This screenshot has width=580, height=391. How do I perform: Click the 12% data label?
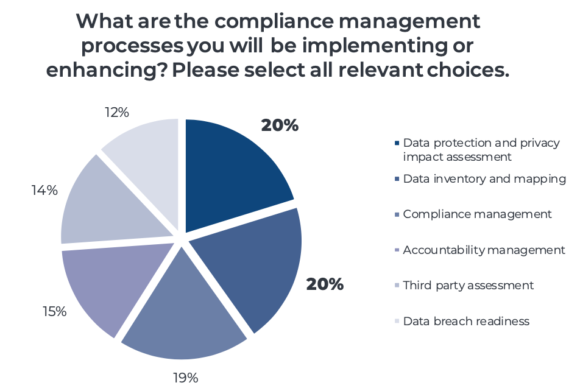116,112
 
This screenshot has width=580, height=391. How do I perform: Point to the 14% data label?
44,190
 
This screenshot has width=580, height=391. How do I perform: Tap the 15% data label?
54,311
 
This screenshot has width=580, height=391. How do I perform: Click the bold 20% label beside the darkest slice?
280,125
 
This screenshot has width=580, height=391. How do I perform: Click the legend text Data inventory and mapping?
484,179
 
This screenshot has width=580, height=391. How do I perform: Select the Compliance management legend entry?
477,214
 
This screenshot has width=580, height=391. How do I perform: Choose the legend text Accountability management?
484,250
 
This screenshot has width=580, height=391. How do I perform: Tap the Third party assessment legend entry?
468,285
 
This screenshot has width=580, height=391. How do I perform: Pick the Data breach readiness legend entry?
466,321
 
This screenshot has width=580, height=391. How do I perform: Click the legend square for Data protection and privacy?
397,144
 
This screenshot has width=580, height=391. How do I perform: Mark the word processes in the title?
131,46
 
